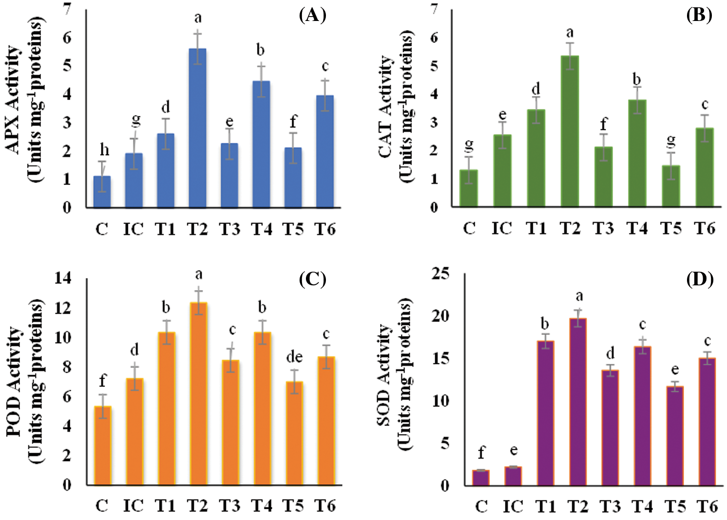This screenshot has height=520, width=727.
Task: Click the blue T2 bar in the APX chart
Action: [197, 128]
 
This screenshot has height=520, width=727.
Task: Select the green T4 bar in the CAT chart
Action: [637, 153]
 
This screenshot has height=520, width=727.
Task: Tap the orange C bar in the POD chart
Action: [103, 445]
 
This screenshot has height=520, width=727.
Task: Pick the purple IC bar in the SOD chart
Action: [513, 476]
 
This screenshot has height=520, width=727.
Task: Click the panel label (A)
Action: [312, 16]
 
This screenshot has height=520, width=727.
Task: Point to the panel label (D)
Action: [700, 280]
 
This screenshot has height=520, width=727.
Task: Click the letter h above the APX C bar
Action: [104, 150]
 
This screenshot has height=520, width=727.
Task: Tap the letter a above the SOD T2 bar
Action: [579, 296]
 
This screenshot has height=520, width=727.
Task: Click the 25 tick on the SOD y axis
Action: [440, 274]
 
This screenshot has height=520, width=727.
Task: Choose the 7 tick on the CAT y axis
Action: [434, 9]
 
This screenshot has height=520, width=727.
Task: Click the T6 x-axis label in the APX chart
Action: [325, 229]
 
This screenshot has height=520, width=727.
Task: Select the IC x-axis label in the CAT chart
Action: [502, 228]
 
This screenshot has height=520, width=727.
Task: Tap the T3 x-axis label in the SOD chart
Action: [610, 506]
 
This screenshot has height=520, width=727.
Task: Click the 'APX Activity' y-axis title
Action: [14, 100]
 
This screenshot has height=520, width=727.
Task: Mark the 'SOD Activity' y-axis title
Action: [385, 375]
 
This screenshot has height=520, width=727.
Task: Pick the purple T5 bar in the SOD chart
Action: [675, 436]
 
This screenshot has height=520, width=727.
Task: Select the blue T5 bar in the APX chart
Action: [293, 178]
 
